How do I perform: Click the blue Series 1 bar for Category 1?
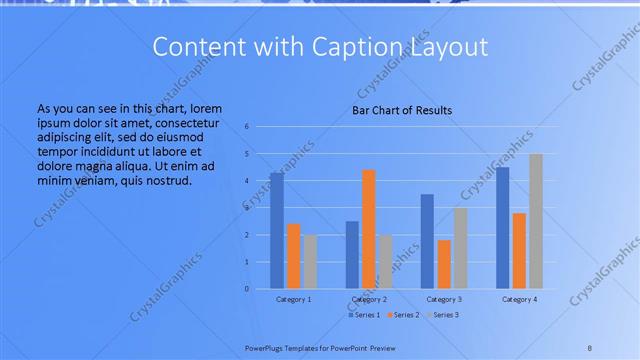(276, 231)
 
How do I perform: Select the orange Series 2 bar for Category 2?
(369, 229)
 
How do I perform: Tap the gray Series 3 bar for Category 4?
(536, 221)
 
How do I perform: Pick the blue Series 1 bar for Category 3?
(427, 241)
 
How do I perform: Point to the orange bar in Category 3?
(444, 264)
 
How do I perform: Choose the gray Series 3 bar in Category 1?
(310, 262)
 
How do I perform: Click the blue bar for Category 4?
(502, 228)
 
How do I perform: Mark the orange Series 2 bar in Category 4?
(519, 251)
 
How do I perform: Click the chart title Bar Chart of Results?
(402, 110)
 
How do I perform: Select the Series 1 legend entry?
(363, 315)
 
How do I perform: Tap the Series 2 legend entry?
(403, 315)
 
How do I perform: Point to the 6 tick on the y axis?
(247, 127)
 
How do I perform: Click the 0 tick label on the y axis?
(247, 289)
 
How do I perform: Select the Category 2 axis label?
(369, 299)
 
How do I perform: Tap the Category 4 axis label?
(519, 299)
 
